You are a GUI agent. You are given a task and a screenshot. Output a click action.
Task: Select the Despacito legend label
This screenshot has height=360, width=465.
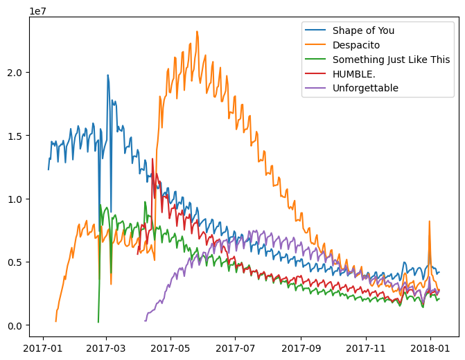coord(358,45)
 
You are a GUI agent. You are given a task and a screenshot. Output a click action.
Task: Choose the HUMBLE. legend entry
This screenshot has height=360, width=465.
coord(355,73)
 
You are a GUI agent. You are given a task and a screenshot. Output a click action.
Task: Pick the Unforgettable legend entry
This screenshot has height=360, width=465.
coord(365,88)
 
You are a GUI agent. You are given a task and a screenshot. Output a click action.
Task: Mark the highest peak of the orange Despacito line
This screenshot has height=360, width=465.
coord(197,31)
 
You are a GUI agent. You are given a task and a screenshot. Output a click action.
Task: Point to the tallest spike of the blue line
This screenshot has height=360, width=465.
coord(107,75)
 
